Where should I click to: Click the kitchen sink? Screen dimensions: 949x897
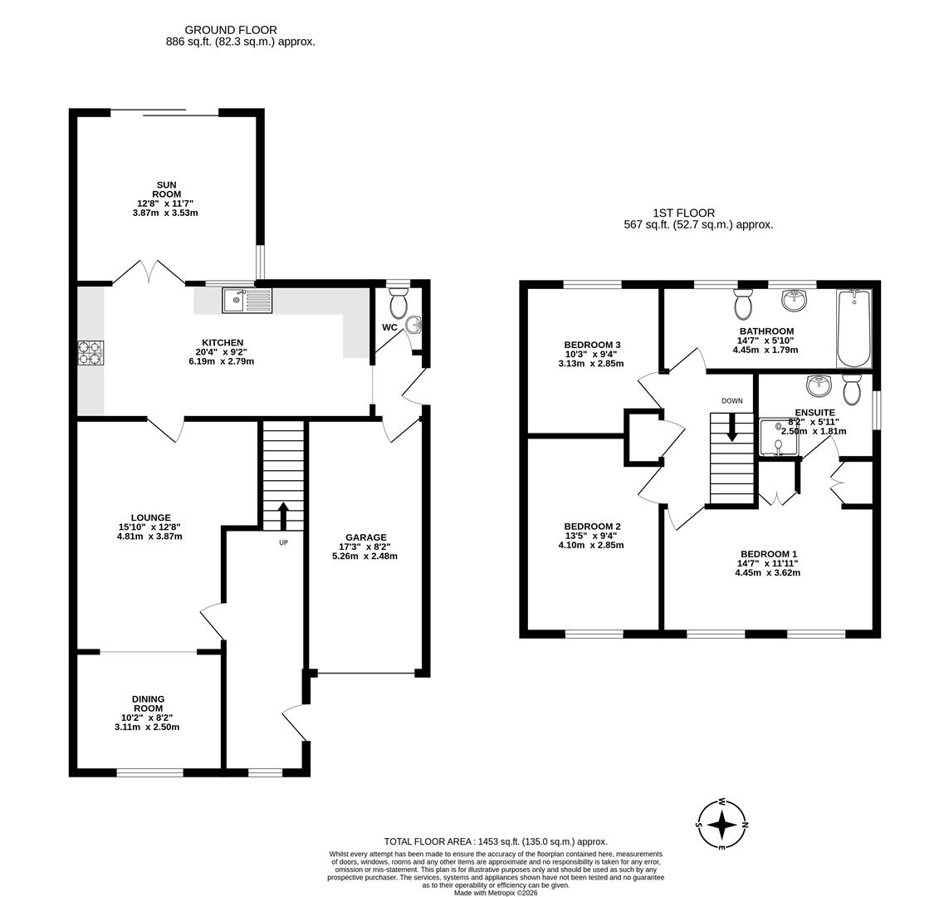pos(247,300)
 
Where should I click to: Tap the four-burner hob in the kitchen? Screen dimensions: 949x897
pos(90,354)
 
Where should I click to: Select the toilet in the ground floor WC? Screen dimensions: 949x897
pos(398,302)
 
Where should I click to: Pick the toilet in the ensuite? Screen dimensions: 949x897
pos(852,390)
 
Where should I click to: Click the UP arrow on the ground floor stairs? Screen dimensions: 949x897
pos(282,516)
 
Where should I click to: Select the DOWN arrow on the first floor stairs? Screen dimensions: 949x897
pos(732,427)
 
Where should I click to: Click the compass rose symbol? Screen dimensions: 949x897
pos(722,824)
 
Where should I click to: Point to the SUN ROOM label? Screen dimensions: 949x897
pos(167,189)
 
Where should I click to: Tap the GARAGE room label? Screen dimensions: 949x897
pos(366,537)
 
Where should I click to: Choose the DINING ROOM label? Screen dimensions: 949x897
pos(149,703)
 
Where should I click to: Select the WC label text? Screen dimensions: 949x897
pos(389,327)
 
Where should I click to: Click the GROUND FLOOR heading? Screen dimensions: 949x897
pos(231,30)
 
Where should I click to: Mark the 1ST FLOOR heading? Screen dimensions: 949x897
pos(684,213)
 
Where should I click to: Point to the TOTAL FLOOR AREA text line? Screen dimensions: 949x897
pos(496,841)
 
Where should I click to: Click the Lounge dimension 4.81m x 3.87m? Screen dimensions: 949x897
pos(149,537)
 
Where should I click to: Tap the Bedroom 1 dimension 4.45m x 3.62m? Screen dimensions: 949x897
pos(767,572)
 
